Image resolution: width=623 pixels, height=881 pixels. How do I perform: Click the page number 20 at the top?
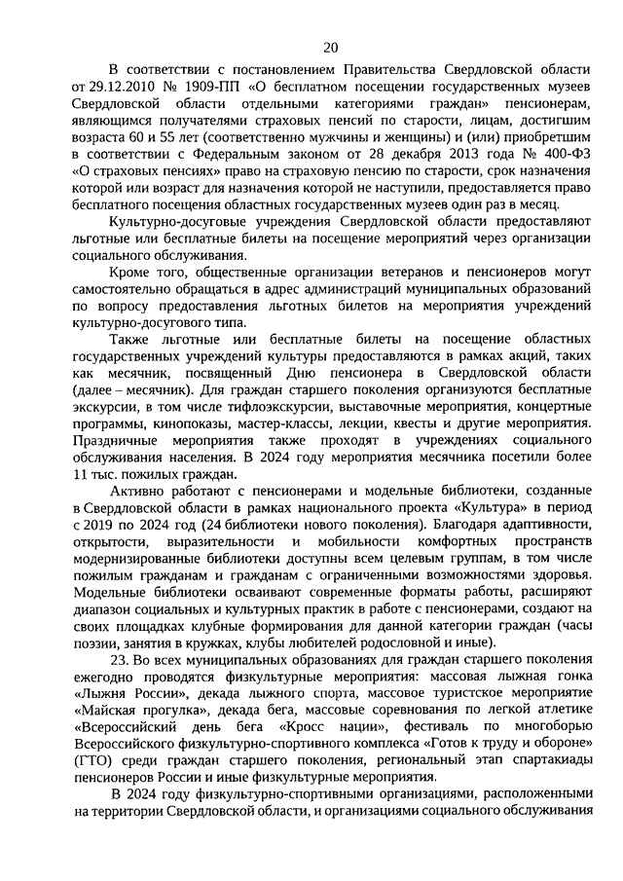pyautogui.click(x=330, y=47)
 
